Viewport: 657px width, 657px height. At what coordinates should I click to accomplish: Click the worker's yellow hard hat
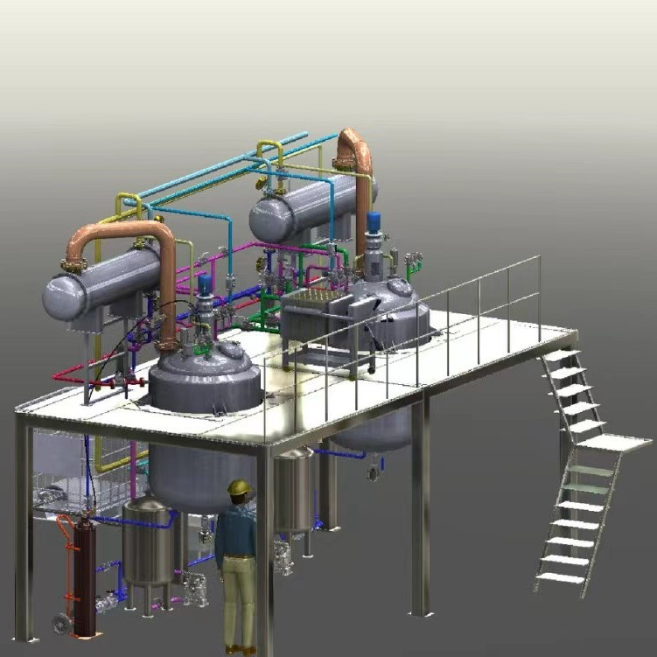click(238, 487)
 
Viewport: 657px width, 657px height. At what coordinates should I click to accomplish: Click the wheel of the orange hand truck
click(61, 624)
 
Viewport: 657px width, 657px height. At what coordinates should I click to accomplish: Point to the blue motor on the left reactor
click(205, 283)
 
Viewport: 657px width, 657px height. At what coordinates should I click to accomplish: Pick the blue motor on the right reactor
click(374, 222)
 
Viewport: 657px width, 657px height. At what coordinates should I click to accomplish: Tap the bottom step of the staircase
click(560, 577)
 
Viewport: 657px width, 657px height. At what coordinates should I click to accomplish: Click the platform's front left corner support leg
click(24, 534)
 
